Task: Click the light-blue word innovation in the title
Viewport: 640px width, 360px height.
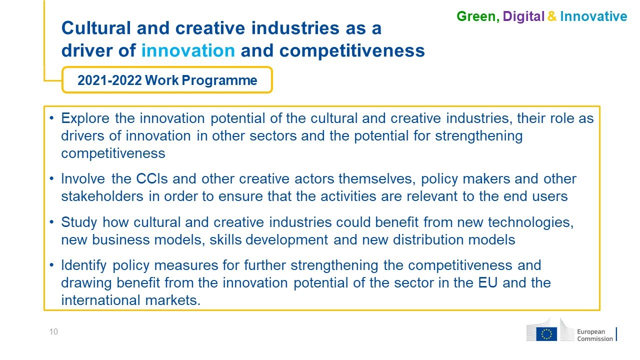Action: coord(188,50)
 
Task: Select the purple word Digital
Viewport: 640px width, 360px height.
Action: coord(523,16)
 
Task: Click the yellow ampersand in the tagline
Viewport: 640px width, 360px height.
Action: coord(552,16)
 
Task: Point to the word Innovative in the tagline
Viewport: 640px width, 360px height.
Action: coord(593,16)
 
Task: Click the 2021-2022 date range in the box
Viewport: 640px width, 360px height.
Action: coord(109,80)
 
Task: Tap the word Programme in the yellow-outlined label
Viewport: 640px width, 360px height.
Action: coord(219,80)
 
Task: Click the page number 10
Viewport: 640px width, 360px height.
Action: coord(53,331)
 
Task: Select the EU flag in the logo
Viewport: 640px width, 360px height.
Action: coord(546,334)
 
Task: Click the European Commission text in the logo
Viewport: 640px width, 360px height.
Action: coord(595,335)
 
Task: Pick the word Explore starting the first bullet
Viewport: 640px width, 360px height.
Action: coord(85,118)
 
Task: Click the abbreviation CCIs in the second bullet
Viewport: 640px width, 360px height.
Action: coord(151,179)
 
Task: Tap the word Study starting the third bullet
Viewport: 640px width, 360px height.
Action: coord(79,223)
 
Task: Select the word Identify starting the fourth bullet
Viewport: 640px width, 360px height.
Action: coord(84,265)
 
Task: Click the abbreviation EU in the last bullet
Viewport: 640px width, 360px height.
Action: coord(488,283)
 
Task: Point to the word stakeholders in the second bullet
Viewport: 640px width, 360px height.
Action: coord(102,196)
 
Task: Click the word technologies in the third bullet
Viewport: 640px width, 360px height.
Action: coord(531,223)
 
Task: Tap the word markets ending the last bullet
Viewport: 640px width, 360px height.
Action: coord(173,300)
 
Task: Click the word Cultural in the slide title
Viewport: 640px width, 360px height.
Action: coord(96,28)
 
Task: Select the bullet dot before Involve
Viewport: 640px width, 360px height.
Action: coord(51,179)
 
